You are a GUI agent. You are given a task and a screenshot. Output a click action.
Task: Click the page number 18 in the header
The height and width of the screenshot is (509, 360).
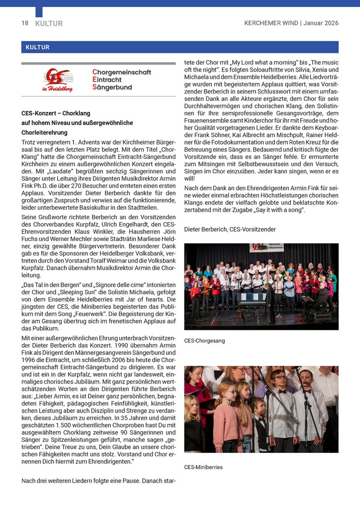click(x=24, y=23)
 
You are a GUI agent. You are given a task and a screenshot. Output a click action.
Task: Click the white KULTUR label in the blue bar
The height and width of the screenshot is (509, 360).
click(x=35, y=47)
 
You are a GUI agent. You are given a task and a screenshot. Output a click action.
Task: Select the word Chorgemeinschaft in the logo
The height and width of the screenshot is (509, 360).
click(x=121, y=73)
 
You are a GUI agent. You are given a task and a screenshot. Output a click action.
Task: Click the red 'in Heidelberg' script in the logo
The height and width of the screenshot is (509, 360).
click(x=57, y=89)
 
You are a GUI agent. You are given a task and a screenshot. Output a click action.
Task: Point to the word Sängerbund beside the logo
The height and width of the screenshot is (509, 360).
click(x=112, y=87)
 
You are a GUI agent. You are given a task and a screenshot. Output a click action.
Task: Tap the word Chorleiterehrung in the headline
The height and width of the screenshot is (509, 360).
click(x=44, y=133)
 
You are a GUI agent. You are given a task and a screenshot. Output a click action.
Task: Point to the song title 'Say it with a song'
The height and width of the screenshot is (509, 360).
click(x=279, y=210)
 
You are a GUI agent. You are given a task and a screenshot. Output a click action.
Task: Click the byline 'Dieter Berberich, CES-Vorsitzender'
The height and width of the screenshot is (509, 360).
click(x=230, y=229)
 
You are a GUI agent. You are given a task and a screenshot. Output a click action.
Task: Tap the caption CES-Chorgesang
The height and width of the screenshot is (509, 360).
click(x=204, y=340)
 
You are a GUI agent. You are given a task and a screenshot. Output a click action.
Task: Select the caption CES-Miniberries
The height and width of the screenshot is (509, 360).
click(x=203, y=467)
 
